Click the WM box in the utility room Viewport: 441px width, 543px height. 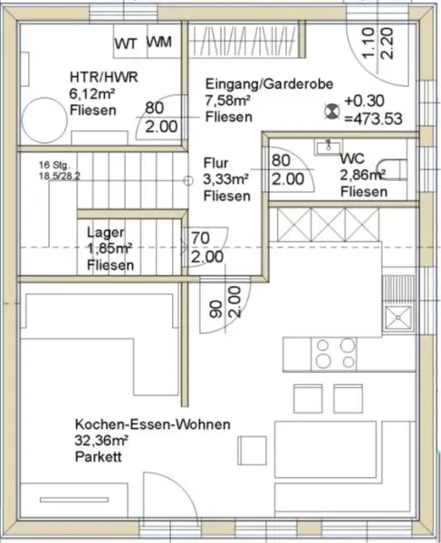[159, 42]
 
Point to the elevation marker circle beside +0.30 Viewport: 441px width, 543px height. [329, 110]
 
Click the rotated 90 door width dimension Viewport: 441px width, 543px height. [216, 308]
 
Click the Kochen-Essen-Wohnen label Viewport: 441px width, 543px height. [153, 424]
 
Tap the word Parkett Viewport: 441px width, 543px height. [100, 457]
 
